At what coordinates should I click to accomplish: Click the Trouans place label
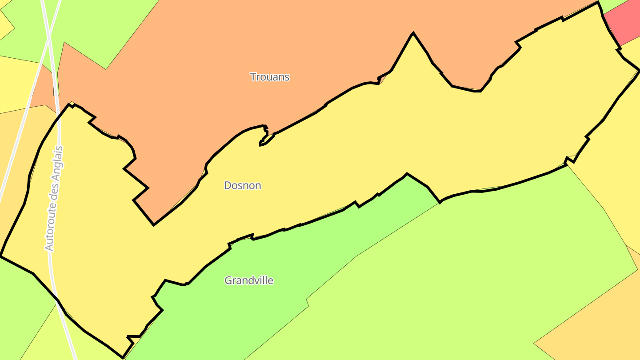269,77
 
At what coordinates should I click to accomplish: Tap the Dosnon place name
242,185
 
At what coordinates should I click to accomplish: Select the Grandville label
248,280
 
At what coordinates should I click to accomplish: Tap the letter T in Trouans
252,77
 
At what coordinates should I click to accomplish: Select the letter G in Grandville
228,280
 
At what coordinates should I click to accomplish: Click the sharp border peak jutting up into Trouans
413,33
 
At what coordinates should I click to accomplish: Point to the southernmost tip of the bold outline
123,357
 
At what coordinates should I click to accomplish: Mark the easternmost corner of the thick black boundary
639,70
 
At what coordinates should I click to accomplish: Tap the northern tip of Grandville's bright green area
407,174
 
